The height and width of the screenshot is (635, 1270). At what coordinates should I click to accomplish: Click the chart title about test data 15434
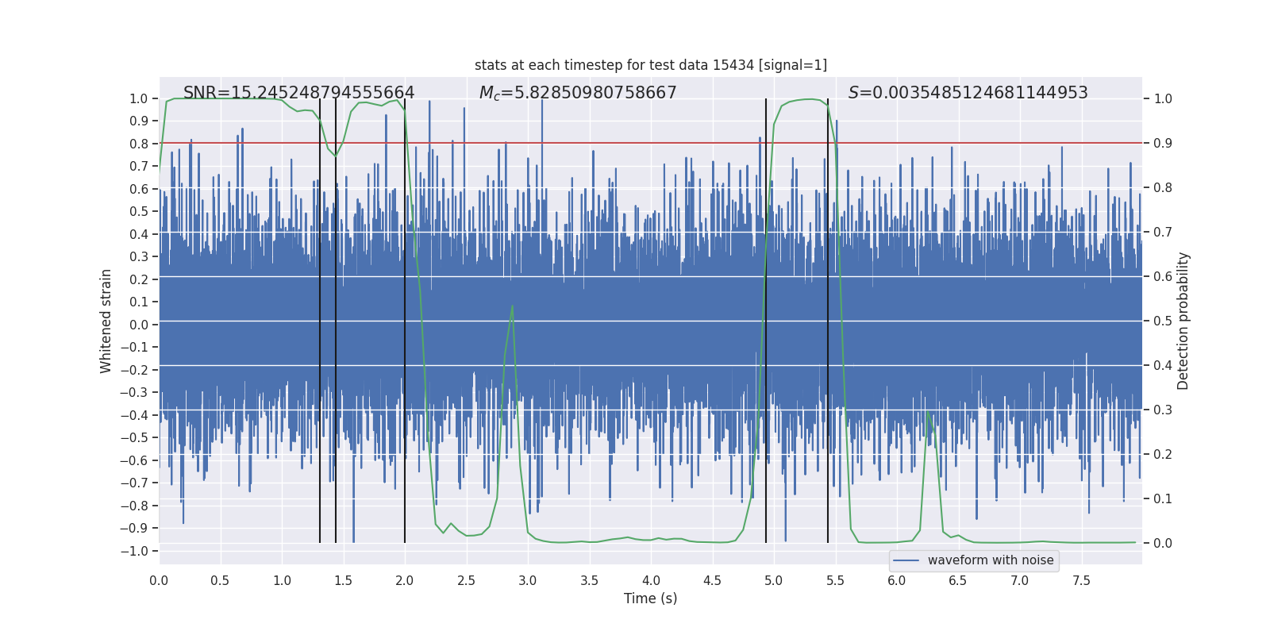coord(650,65)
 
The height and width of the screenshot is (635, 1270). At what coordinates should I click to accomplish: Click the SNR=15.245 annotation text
coord(298,93)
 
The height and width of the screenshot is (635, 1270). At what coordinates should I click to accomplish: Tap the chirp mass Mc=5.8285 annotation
coord(578,93)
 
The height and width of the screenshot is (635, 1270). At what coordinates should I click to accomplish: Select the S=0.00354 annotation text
coord(968,93)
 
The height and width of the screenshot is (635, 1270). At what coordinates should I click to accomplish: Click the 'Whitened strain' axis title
coord(106,321)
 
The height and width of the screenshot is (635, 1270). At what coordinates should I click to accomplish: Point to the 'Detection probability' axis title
coord(1183,321)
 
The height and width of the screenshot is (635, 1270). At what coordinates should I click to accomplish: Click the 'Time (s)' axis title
coord(650,598)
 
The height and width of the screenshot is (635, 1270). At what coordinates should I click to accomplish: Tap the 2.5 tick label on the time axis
coord(466,581)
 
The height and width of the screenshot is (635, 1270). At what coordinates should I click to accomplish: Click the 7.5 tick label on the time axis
coord(1081,581)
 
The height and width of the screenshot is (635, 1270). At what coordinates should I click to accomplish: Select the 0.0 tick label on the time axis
coord(159,581)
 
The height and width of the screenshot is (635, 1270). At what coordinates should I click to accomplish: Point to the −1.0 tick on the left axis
coord(138,551)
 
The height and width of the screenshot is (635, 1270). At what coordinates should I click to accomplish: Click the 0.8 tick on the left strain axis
coord(139,144)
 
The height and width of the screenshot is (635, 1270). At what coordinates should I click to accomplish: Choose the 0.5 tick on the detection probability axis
coord(1163,321)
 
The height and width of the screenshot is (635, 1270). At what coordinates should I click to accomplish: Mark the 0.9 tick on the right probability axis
coord(1163,144)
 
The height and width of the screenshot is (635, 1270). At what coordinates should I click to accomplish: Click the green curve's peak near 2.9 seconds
coord(513,306)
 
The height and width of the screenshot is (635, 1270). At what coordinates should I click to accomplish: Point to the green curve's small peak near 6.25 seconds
coord(928,411)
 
